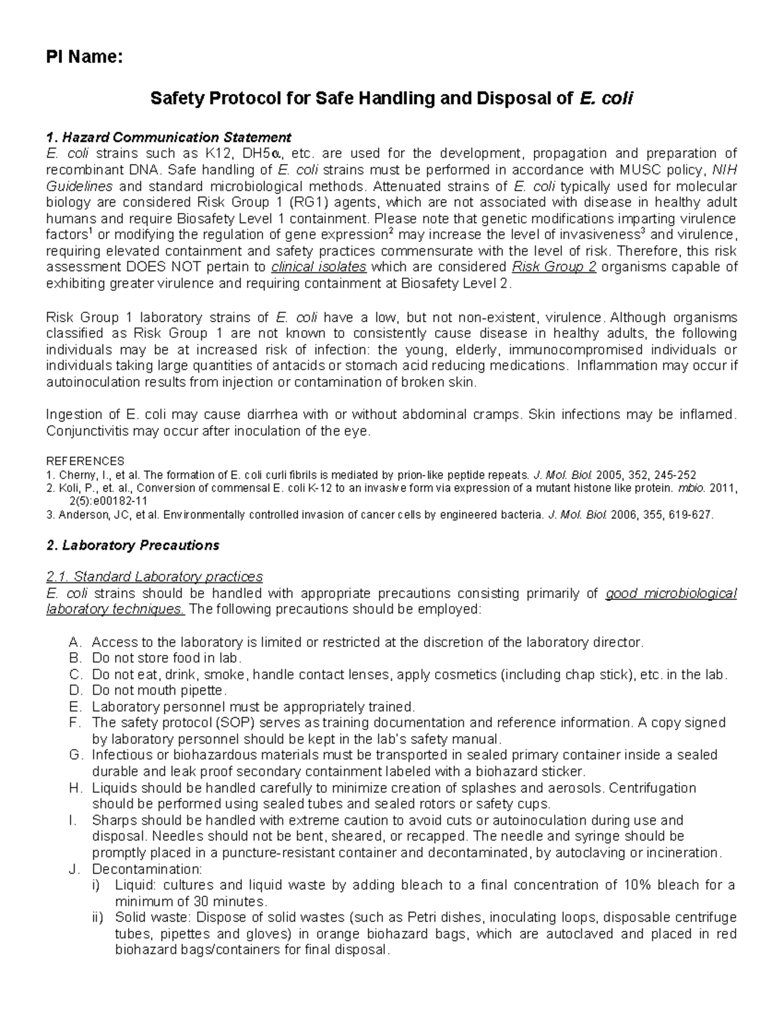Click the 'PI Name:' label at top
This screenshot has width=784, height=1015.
pos(83,58)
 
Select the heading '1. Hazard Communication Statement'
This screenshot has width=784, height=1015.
pos(169,137)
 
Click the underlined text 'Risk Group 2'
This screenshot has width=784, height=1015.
pos(554,267)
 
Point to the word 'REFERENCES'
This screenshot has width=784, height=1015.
pos(85,461)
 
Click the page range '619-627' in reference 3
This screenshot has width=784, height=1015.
pos(691,515)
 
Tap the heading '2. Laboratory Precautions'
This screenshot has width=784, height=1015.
pos(133,545)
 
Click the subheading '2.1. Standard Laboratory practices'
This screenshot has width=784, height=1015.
pos(154,576)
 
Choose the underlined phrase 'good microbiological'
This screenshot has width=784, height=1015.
pos(671,593)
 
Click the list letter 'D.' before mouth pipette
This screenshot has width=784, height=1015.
pos(75,691)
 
